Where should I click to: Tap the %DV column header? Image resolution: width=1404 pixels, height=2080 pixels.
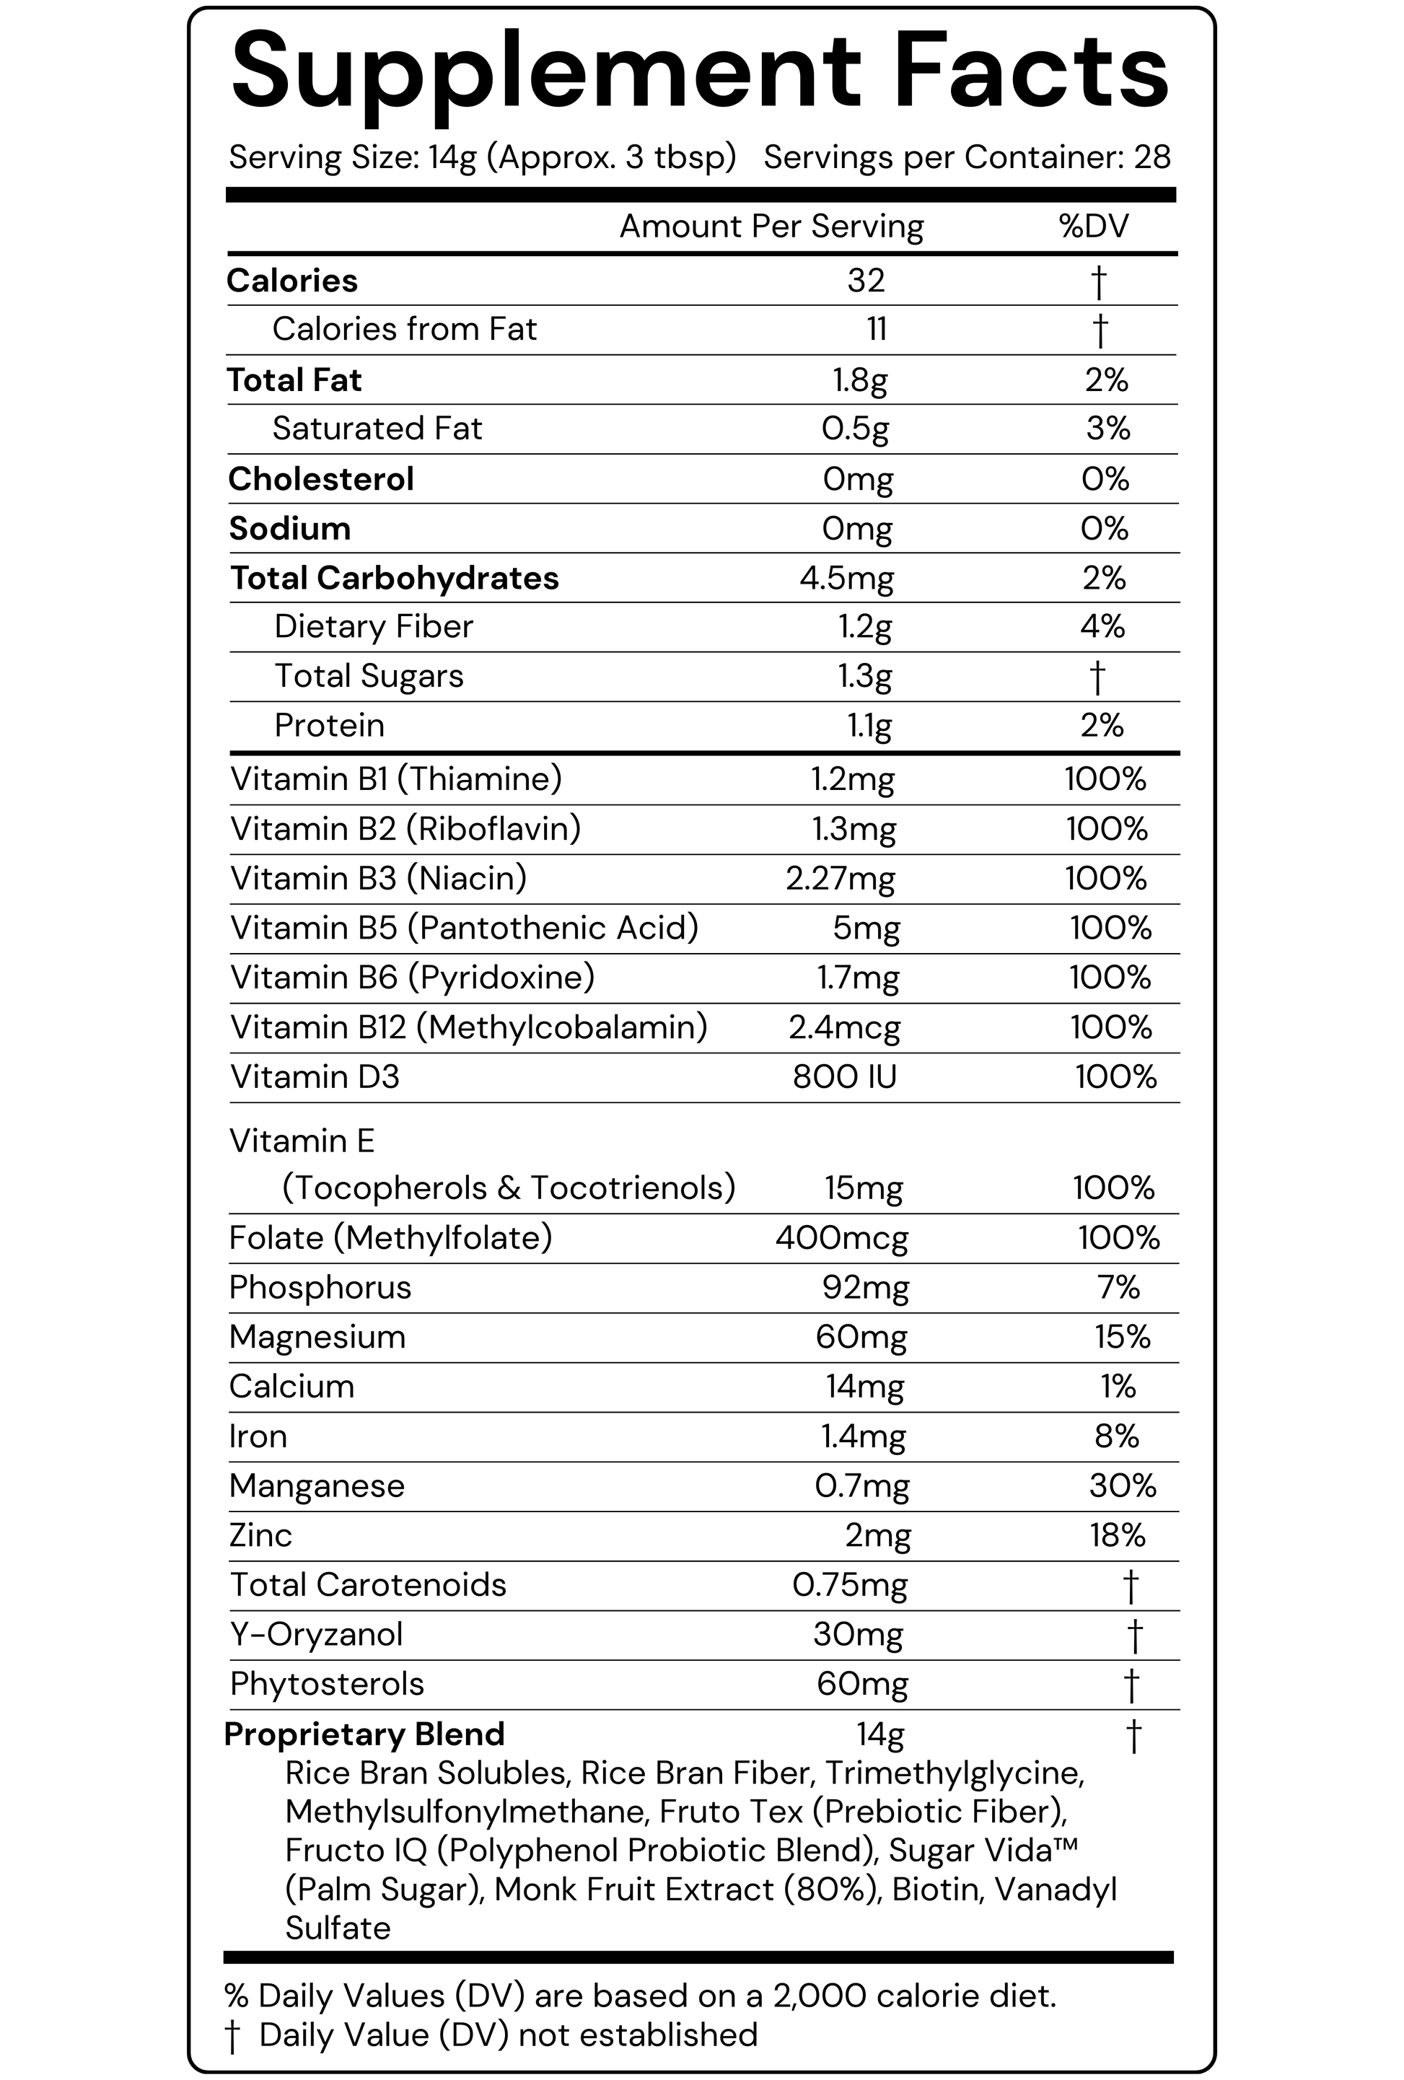pos(1094,227)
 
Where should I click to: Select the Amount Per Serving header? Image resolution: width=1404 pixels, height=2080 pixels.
pos(771,227)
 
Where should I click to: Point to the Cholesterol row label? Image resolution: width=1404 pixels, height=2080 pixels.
pos(321,479)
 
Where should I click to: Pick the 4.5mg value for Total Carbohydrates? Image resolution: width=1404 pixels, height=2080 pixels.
pos(846,578)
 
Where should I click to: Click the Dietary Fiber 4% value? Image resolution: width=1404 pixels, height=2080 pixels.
pos(1102,626)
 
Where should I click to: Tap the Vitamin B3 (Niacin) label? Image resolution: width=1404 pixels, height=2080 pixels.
pos(379,878)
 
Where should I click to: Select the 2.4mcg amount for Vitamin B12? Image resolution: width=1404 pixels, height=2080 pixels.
pos(844,1027)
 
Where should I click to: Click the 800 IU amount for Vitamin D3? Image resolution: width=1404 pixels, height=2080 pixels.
pos(844,1076)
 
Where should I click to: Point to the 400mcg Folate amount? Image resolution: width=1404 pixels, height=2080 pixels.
pos(841,1238)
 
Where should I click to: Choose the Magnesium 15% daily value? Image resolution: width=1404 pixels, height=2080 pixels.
pos(1122,1336)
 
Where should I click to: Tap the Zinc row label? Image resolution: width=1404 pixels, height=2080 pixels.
pos(260,1535)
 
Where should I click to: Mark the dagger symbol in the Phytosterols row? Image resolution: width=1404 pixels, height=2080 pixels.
pos(1131,1685)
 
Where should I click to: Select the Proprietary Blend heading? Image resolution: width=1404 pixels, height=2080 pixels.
pos(364,1734)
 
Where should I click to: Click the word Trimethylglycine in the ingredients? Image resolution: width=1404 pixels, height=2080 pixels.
pos(954,1773)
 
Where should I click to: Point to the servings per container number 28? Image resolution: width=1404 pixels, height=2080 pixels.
pos(1151,157)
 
